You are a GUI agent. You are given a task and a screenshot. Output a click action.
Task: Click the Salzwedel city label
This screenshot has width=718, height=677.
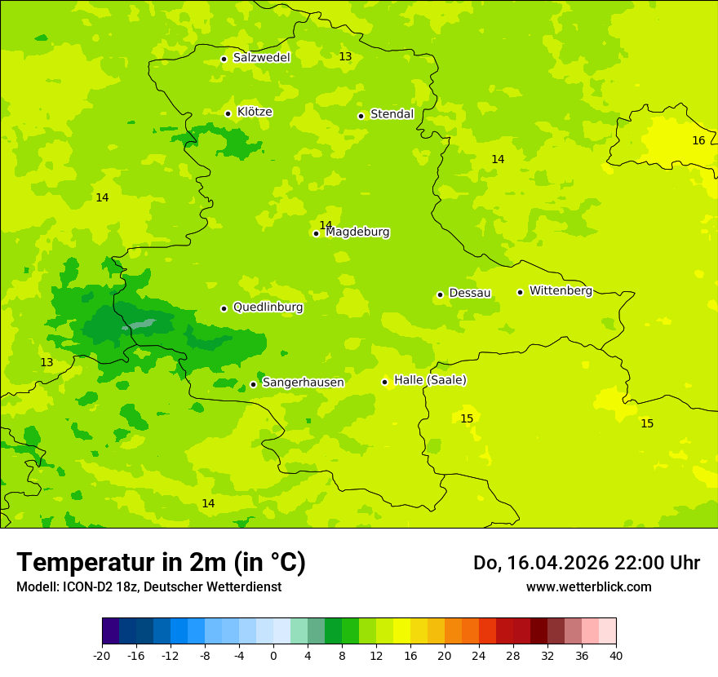(261, 58)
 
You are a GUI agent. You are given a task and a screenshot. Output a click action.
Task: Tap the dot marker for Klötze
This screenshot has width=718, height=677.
(228, 113)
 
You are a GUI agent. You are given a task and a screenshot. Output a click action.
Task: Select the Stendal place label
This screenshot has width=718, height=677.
(392, 114)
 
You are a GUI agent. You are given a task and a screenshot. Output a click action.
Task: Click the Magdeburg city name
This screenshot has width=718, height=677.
(357, 232)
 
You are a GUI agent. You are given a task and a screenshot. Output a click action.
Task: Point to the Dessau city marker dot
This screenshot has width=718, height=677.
(440, 294)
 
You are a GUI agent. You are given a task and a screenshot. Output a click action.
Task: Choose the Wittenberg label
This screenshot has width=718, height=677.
(561, 291)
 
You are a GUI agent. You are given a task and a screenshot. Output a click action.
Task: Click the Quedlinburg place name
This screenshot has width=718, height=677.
(268, 308)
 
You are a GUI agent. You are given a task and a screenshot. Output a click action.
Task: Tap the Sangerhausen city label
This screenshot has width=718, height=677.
(303, 383)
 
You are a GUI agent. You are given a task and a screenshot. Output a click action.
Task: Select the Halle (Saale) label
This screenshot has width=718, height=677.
(430, 380)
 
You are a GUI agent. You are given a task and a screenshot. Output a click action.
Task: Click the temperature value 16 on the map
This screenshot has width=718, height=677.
(698, 140)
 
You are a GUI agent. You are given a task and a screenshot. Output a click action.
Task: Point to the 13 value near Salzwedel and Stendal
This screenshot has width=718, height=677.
(345, 56)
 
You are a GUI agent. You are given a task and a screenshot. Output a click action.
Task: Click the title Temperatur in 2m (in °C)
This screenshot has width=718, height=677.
(161, 563)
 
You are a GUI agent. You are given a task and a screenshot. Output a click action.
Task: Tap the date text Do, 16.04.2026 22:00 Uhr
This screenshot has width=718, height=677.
(586, 563)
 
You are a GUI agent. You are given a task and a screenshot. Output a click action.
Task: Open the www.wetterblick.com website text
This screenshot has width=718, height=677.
(588, 587)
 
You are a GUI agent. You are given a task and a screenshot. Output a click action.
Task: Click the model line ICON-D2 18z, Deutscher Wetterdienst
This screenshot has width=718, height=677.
(148, 587)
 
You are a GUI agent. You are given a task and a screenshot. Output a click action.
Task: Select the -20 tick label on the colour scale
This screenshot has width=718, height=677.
(102, 656)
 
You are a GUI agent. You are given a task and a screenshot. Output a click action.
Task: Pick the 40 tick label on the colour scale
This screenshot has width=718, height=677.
(616, 656)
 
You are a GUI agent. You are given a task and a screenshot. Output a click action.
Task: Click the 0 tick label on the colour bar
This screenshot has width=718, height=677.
(273, 656)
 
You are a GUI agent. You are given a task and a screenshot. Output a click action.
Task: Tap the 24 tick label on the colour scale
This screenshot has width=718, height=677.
(479, 656)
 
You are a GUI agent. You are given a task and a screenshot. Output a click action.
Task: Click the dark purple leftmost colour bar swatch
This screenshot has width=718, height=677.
(111, 631)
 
